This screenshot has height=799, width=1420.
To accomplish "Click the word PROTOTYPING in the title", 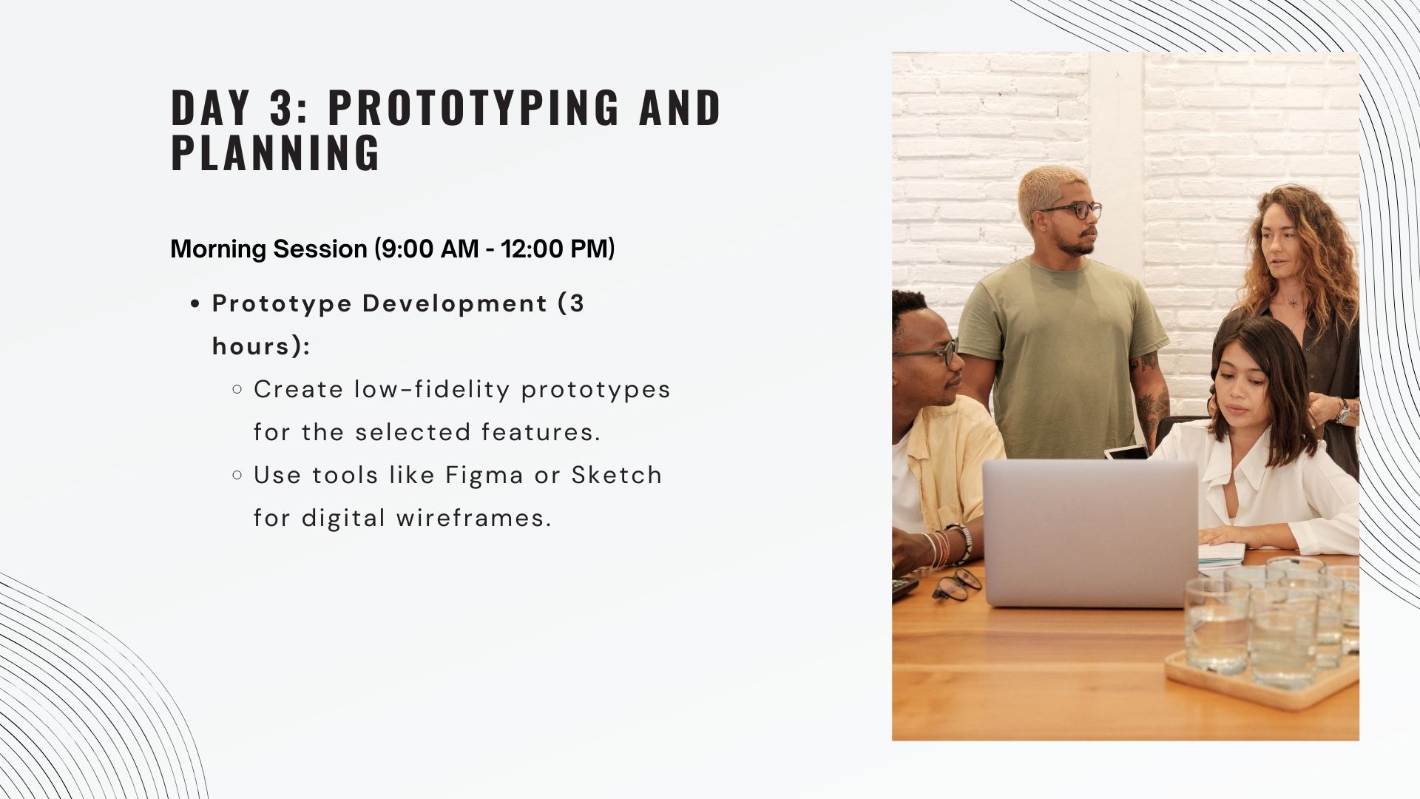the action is (474, 107).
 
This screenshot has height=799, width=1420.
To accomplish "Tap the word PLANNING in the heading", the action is (276, 153).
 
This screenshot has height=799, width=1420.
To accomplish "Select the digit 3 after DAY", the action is (280, 107).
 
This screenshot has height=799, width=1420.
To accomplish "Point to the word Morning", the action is (219, 249).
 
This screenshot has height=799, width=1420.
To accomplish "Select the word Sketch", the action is (617, 475).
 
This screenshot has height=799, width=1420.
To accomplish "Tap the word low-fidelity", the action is (432, 390).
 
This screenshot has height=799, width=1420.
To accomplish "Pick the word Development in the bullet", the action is (455, 304).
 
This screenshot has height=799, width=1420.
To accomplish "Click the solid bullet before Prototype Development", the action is (195, 304).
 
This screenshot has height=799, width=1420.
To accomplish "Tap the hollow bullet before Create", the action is (237, 389).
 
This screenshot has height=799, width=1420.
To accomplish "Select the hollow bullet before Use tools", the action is (237, 475).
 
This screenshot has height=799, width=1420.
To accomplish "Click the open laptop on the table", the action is (1091, 533).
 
